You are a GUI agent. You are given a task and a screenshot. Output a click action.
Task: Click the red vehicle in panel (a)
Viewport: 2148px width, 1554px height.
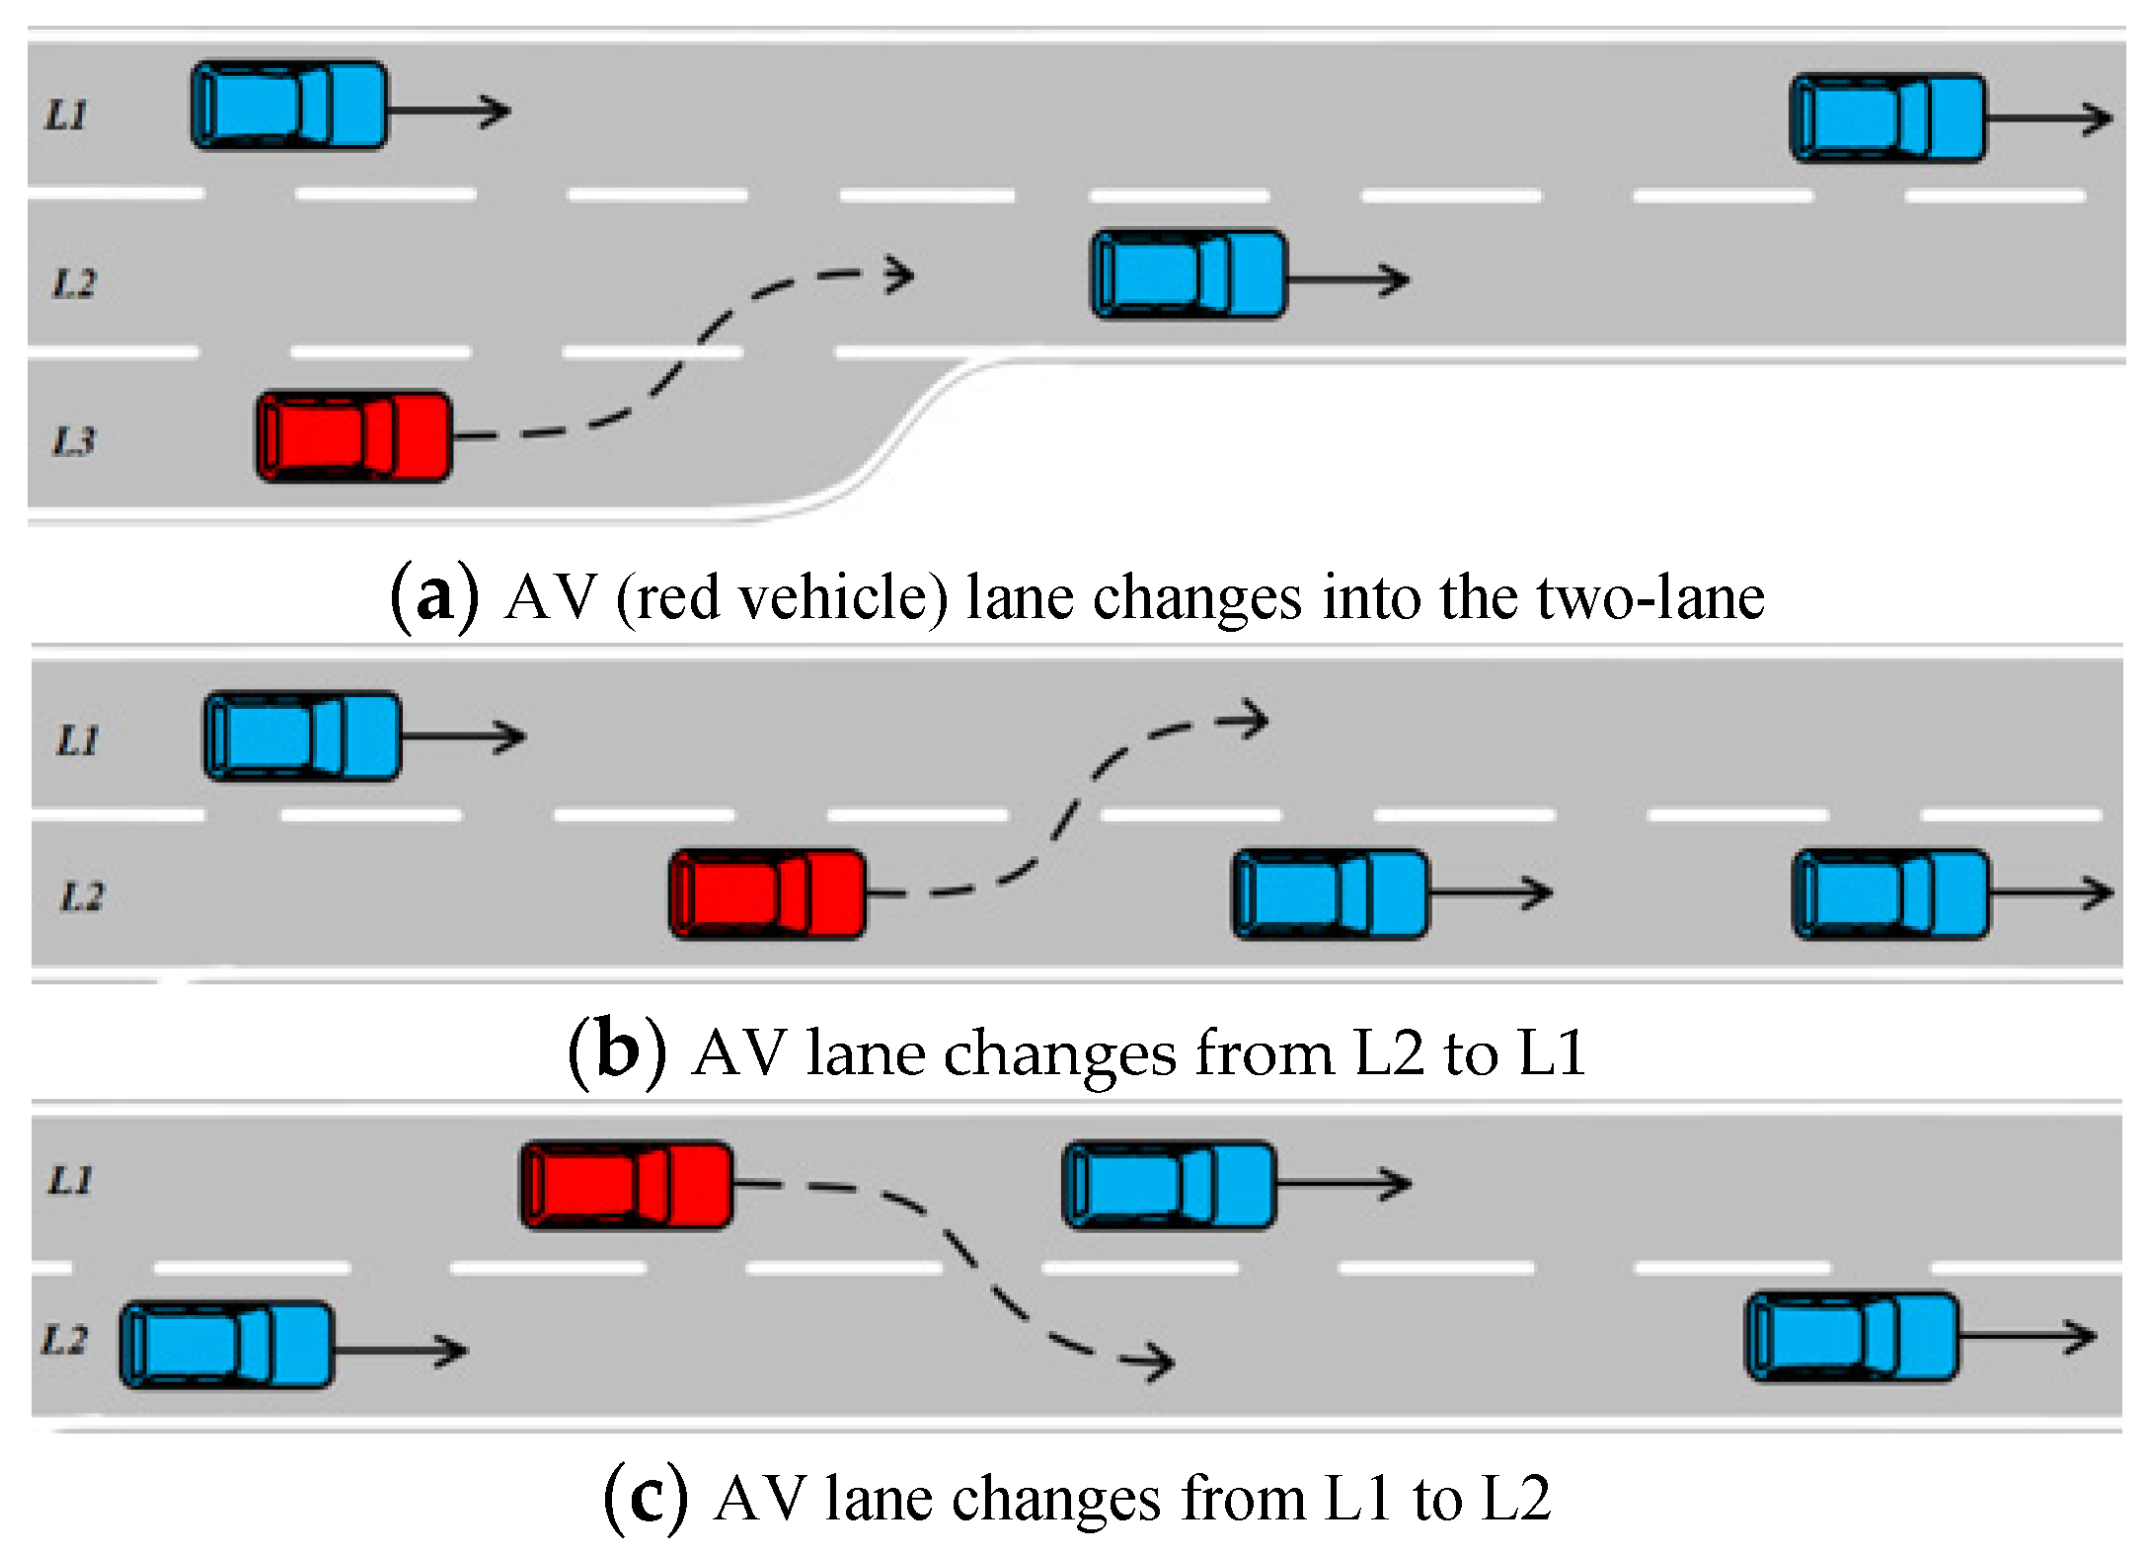354,436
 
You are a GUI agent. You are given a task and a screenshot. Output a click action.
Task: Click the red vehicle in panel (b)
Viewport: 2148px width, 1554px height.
767,894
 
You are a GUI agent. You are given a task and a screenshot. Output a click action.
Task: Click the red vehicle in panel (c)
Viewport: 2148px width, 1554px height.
627,1185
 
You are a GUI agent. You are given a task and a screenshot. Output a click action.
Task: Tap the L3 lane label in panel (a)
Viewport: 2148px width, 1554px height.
74,441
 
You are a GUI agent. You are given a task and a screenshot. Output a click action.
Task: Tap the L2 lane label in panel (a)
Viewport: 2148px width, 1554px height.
74,284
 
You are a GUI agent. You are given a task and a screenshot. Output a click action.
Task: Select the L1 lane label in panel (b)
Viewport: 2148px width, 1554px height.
78,740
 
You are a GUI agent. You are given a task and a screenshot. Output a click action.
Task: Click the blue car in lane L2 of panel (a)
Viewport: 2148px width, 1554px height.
1189,274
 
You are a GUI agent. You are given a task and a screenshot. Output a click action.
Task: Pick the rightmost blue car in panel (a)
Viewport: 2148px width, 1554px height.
1887,117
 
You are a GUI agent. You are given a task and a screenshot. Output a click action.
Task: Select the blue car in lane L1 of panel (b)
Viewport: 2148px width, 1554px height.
302,737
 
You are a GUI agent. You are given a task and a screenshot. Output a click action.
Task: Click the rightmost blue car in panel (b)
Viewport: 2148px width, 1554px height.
1890,894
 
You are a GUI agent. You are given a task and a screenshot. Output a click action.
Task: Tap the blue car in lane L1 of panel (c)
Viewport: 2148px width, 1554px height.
1170,1185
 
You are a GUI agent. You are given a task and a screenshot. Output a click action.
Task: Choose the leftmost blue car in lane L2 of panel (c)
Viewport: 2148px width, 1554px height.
226,1345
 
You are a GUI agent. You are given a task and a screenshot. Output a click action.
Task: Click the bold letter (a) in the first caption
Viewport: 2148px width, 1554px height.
434,596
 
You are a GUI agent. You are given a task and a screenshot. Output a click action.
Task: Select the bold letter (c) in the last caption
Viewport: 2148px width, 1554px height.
646,1498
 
